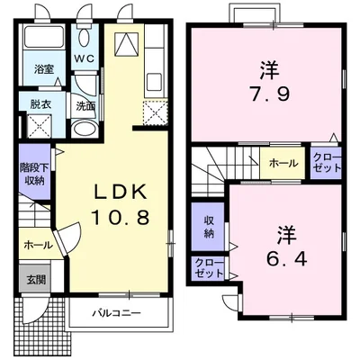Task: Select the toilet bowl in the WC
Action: [x=85, y=39]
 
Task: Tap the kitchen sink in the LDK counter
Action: [x=150, y=80]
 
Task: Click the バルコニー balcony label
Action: [x=117, y=315]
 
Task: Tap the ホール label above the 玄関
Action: [x=37, y=243]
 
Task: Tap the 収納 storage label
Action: [x=208, y=227]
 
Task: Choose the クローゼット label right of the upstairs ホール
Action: [x=327, y=163]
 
